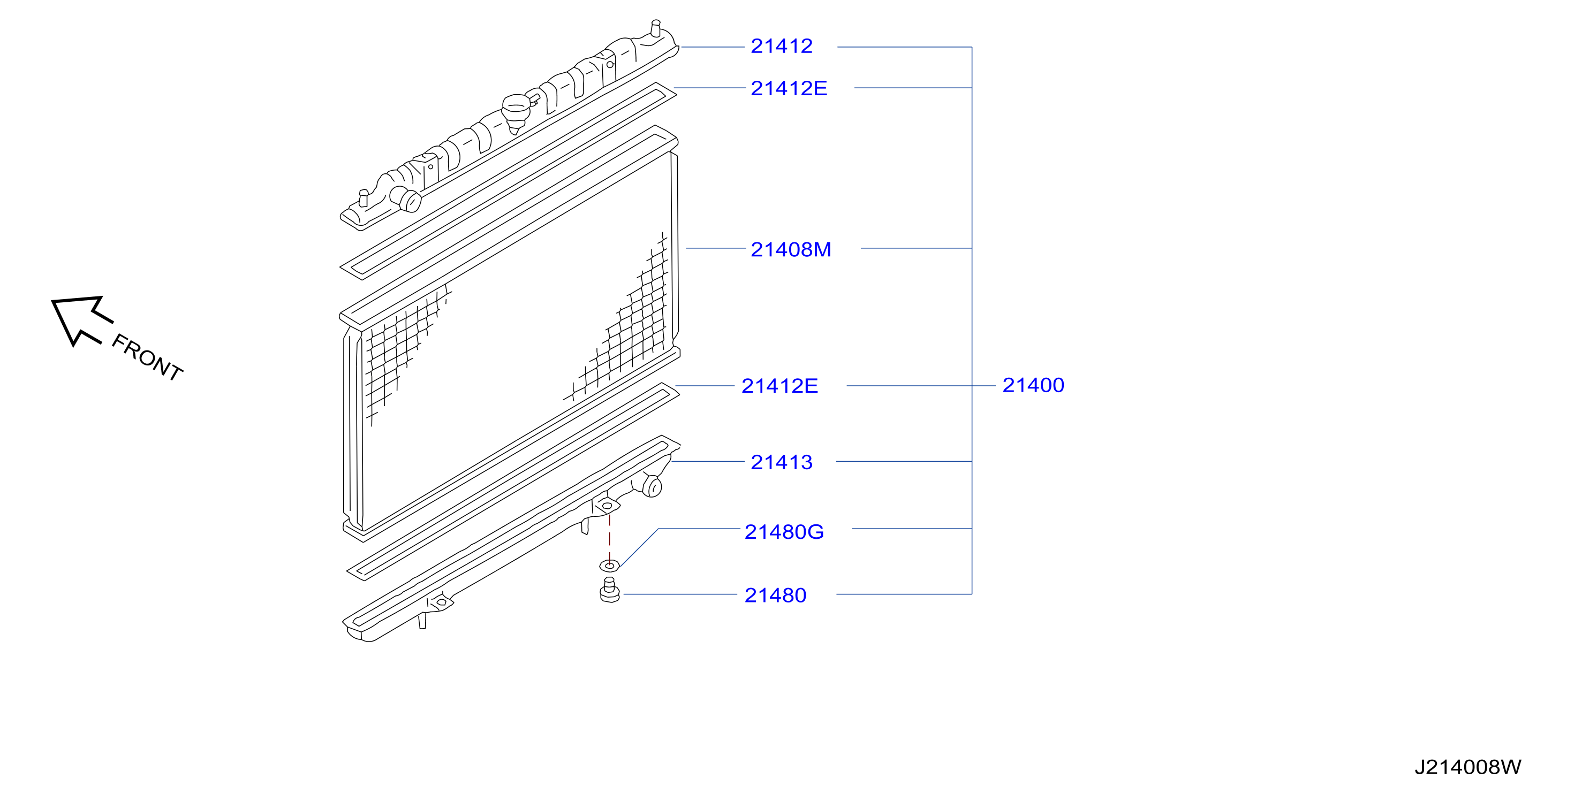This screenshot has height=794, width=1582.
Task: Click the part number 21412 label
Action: pos(781,46)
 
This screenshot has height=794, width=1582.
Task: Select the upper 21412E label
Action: pos(789,88)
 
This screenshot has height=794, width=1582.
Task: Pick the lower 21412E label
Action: pos(779,386)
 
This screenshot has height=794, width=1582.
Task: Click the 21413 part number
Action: pos(781,462)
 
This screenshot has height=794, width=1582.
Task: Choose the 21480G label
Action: pos(784,532)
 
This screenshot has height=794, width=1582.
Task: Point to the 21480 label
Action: pos(775,595)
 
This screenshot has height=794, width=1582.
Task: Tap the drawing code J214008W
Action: pos(1468,767)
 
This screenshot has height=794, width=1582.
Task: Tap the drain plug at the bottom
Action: pos(609,590)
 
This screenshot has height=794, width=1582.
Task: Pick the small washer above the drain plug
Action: pos(609,565)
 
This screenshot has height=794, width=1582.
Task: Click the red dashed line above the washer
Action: pos(609,537)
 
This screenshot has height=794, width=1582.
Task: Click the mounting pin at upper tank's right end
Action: pos(656,28)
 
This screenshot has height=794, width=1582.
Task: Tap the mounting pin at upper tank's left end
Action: pos(364,198)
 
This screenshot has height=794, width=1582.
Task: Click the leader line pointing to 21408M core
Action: pos(715,248)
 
